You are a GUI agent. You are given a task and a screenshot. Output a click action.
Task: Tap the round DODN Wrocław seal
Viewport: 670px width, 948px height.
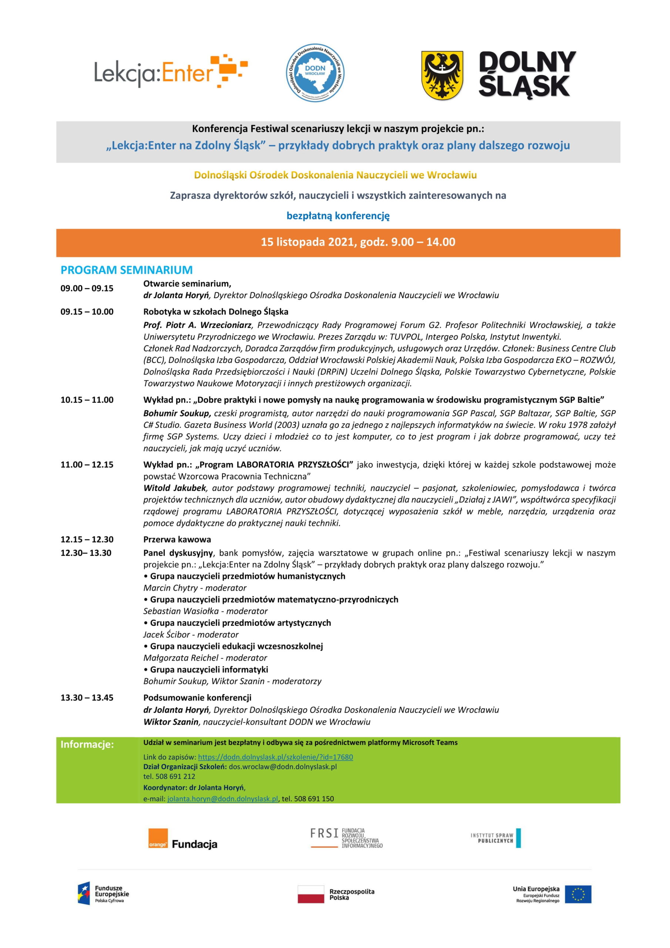coord(315,73)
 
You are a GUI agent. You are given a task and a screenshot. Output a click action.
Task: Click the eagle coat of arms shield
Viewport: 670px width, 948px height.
coord(442,75)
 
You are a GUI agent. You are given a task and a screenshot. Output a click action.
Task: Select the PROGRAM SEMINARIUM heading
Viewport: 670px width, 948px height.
coord(127,270)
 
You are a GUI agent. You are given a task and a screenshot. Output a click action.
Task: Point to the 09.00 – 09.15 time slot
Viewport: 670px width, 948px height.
coord(87,288)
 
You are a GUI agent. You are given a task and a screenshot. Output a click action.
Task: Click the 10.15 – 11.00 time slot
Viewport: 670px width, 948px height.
coord(87,400)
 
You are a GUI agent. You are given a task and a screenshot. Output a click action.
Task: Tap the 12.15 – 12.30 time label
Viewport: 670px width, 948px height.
coord(87,540)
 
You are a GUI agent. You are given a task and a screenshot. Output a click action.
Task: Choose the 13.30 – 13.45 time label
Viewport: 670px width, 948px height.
coord(87,698)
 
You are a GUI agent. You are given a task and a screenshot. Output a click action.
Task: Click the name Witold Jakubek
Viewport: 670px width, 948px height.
coord(175,488)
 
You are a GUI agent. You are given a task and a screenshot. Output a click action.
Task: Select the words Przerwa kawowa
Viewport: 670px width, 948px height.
coord(177,540)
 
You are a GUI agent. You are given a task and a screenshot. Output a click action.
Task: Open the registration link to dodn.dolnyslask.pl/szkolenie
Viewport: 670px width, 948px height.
coord(275,757)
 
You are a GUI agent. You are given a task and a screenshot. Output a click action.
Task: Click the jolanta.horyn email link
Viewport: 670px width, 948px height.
coord(222,798)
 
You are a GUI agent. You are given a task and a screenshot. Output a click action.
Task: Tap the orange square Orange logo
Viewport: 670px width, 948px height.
coord(158,838)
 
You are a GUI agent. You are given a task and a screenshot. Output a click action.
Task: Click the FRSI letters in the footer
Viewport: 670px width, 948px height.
coord(324,833)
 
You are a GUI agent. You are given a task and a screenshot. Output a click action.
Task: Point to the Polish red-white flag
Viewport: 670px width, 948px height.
coord(311,894)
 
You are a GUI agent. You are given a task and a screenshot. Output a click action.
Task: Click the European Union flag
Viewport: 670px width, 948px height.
coord(578,894)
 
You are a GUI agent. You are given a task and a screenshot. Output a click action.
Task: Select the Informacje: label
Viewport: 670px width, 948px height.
coord(87,744)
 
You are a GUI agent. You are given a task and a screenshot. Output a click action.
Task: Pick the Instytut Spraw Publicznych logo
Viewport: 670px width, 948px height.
coord(495,838)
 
